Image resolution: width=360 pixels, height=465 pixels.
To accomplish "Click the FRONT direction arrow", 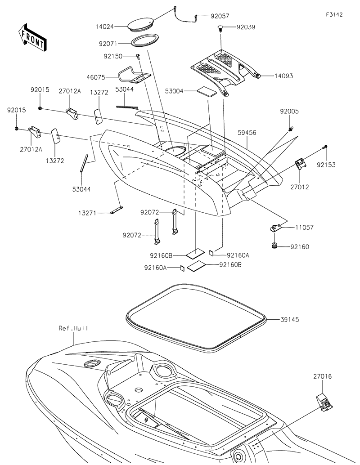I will [x=31, y=37].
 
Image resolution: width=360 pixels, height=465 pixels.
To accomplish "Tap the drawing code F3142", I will [x=334, y=14].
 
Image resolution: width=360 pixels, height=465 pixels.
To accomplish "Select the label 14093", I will [x=284, y=76].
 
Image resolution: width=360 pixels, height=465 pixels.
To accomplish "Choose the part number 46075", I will [x=96, y=77].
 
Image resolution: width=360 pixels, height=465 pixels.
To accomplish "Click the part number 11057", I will [x=304, y=228].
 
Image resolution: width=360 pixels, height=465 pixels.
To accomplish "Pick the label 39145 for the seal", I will [x=290, y=319].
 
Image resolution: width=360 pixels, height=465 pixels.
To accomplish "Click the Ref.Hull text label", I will [x=73, y=328].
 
